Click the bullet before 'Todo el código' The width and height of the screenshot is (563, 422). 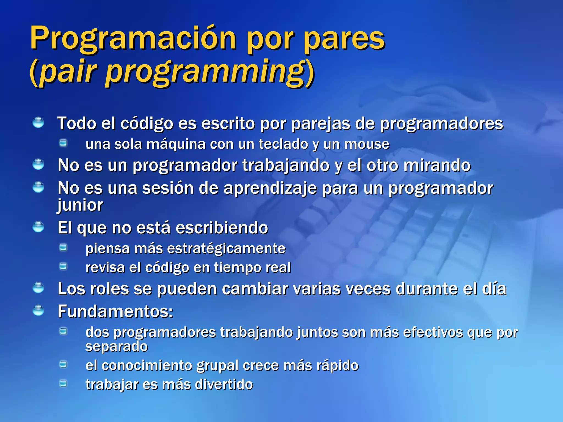click(38, 123)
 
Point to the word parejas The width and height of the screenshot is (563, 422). click(321, 123)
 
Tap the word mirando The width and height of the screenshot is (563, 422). click(437, 165)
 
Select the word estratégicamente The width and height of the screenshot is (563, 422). click(226, 249)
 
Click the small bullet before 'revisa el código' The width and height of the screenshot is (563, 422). click(64, 266)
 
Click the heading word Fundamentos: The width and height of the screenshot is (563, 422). click(115, 312)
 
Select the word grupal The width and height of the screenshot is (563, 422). click(217, 366)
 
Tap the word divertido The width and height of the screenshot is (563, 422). click(224, 384)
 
